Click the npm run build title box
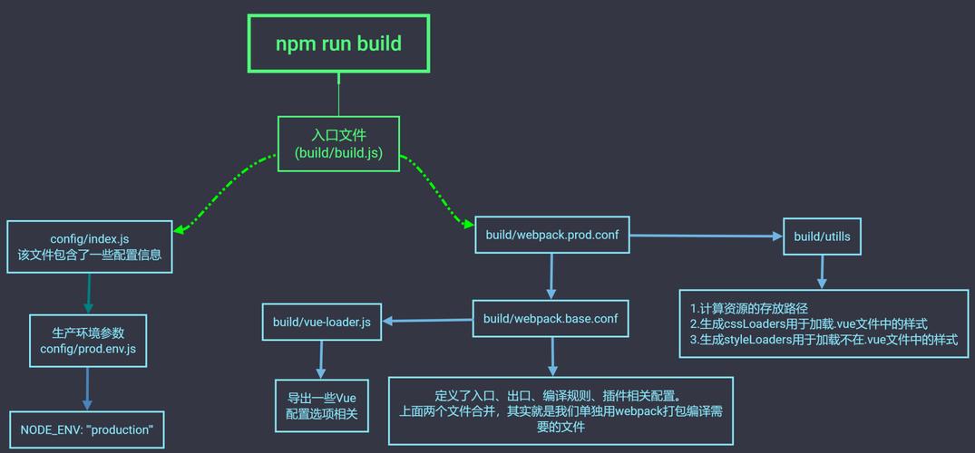pyautogui.click(x=338, y=43)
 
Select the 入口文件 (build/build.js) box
pyautogui.click(x=338, y=143)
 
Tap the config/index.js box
pyautogui.click(x=90, y=246)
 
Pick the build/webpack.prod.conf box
pyautogui.click(x=552, y=235)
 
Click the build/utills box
pyautogui.click(x=822, y=236)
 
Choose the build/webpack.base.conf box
pyautogui.click(x=551, y=319)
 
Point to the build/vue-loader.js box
pyautogui.click(x=321, y=322)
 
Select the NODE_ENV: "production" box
pyautogui.click(x=87, y=429)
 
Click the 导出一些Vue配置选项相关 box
pyautogui.click(x=321, y=406)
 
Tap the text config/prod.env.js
pyautogui.click(x=88, y=348)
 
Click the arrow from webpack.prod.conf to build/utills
pyautogui.click(x=706, y=236)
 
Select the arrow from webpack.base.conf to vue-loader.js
pyautogui.click(x=426, y=321)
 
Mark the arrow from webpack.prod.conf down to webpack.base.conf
pyautogui.click(x=550, y=276)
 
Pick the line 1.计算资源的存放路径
pyautogui.click(x=749, y=309)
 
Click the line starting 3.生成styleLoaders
pyautogui.click(x=824, y=340)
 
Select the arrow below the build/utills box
pyautogui.click(x=822, y=272)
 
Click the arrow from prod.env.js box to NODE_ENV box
pyautogui.click(x=88, y=389)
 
